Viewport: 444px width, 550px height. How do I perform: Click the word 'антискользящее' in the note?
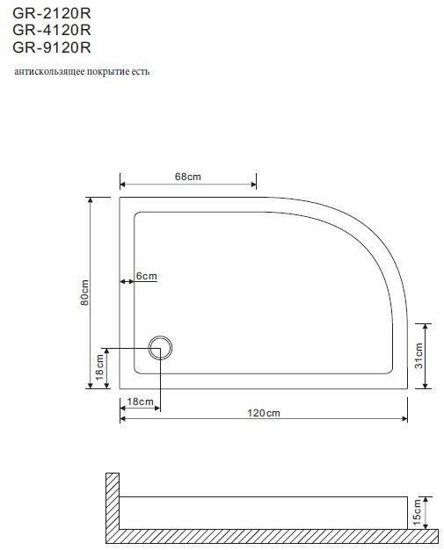click(46, 71)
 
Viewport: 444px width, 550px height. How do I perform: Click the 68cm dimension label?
click(188, 177)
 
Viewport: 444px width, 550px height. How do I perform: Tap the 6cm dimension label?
click(147, 277)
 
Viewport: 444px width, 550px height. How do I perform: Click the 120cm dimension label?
click(264, 413)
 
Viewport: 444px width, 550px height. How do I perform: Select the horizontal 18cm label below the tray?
click(141, 402)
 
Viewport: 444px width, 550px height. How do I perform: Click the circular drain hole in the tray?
click(162, 348)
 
